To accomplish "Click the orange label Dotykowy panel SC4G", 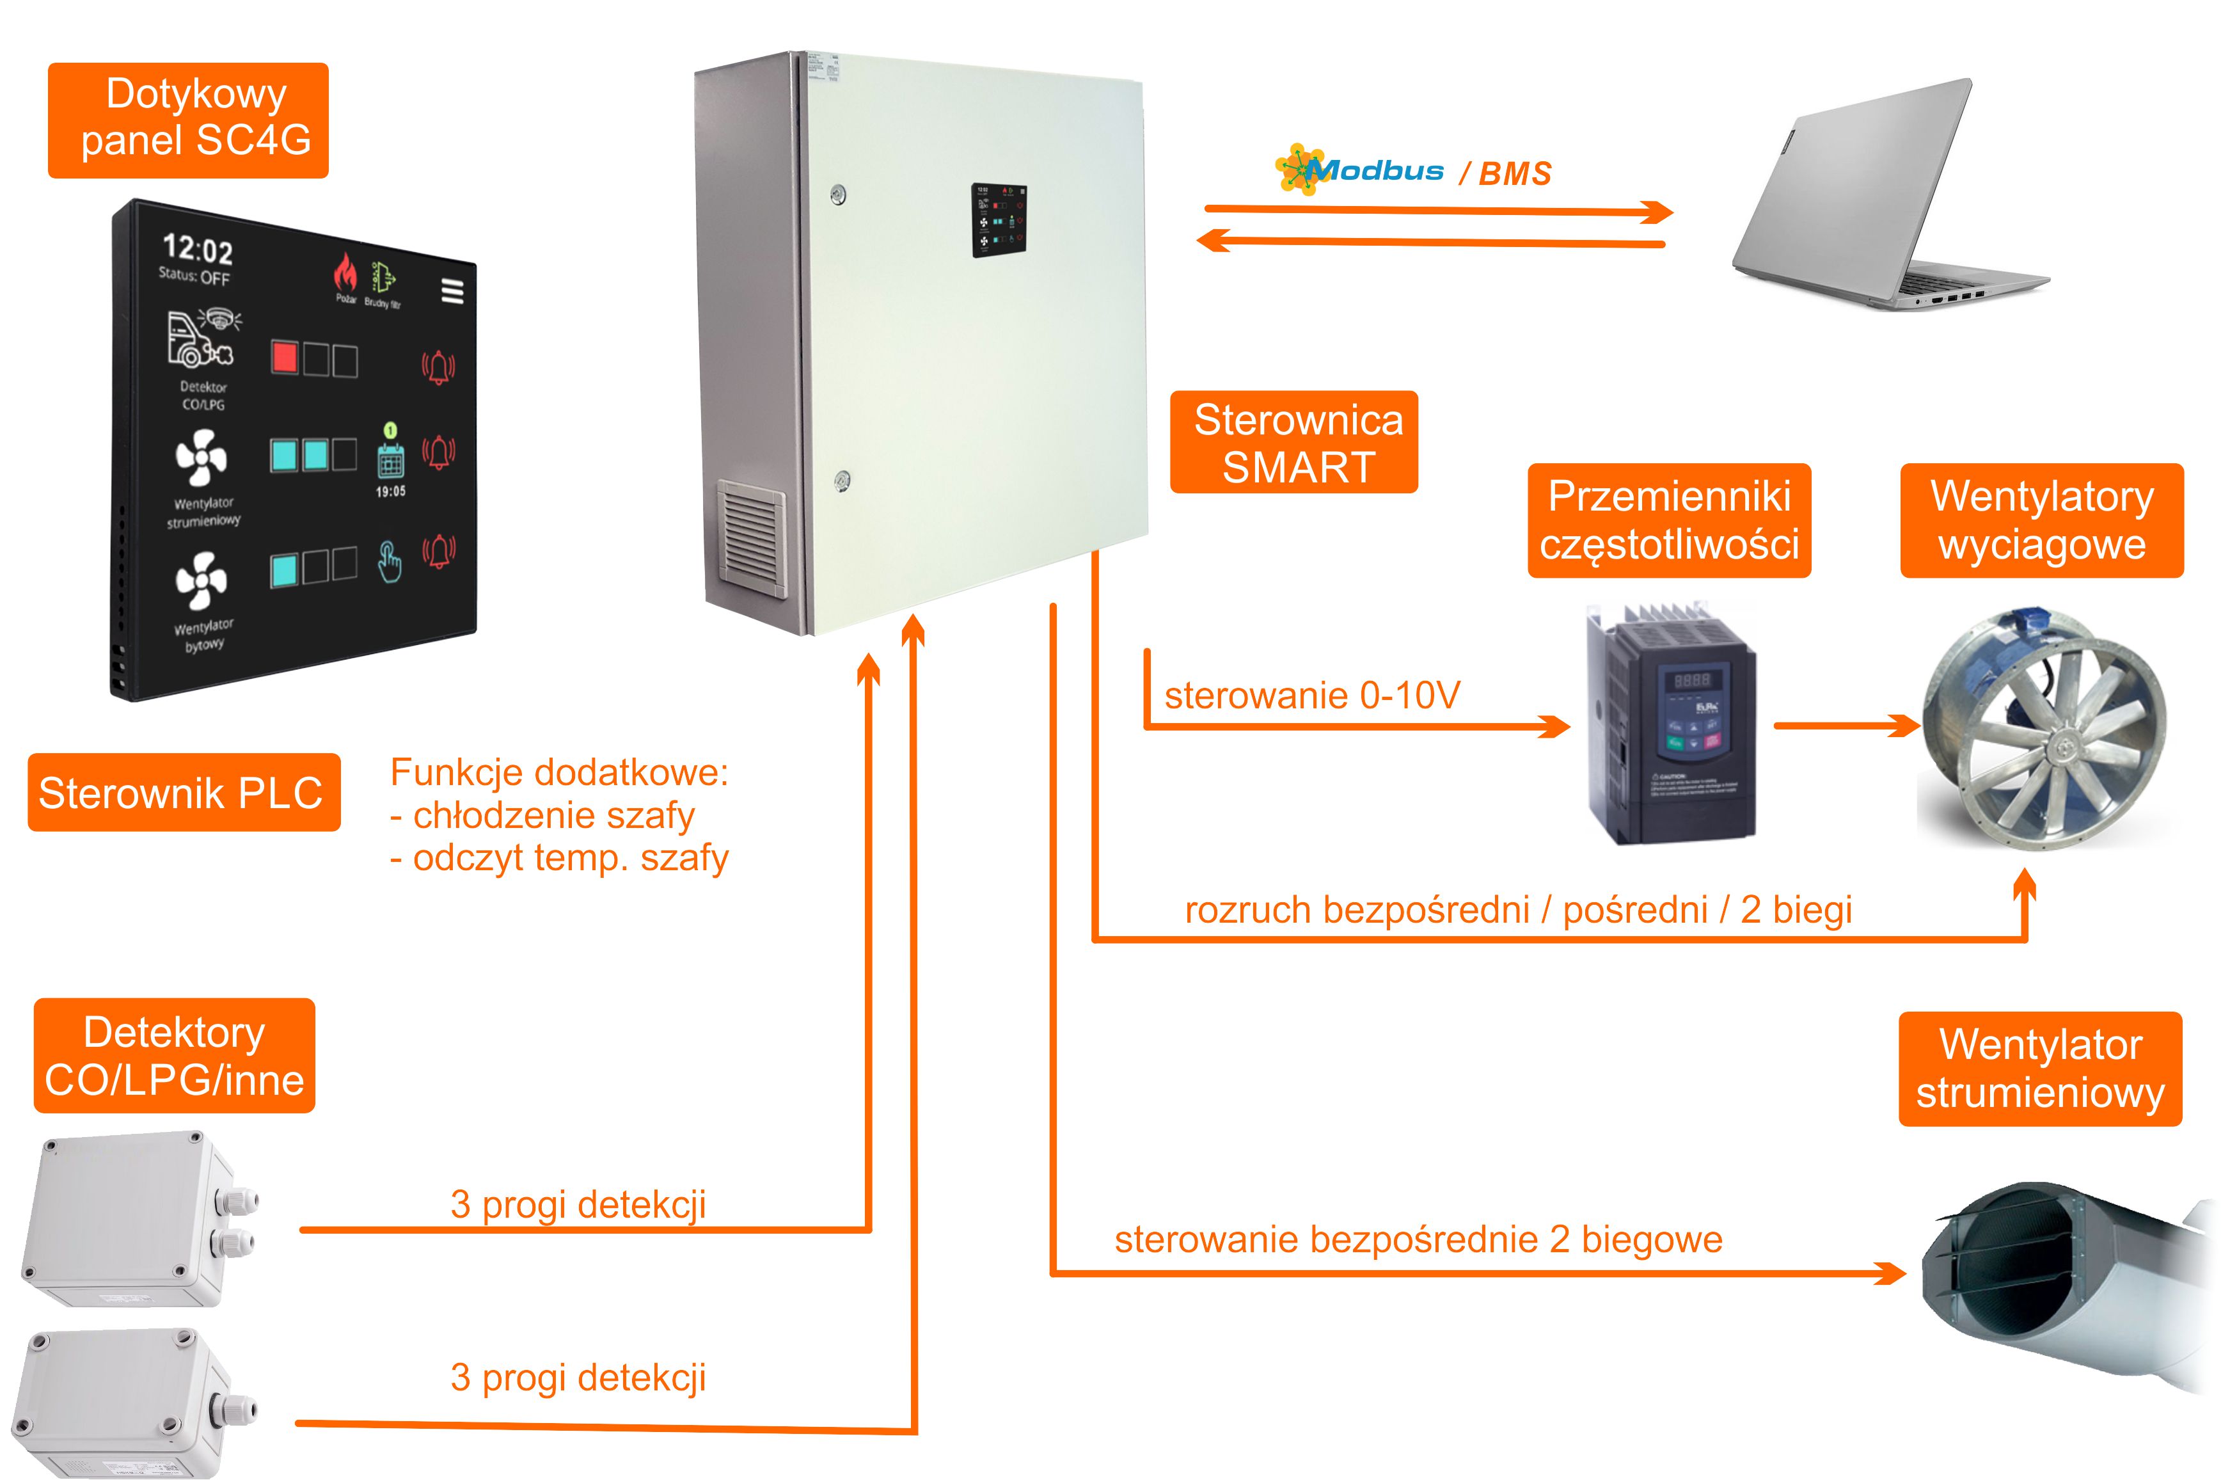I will coord(188,120).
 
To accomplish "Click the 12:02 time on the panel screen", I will coord(197,249).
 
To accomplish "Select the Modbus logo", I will coord(1359,171).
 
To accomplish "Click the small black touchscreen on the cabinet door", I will coord(999,221).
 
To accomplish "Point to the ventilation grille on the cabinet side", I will coord(750,533).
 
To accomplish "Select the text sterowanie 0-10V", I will coord(1312,696).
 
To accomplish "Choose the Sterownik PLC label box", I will coord(183,792).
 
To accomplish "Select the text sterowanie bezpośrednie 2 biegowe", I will coord(1418,1239).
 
